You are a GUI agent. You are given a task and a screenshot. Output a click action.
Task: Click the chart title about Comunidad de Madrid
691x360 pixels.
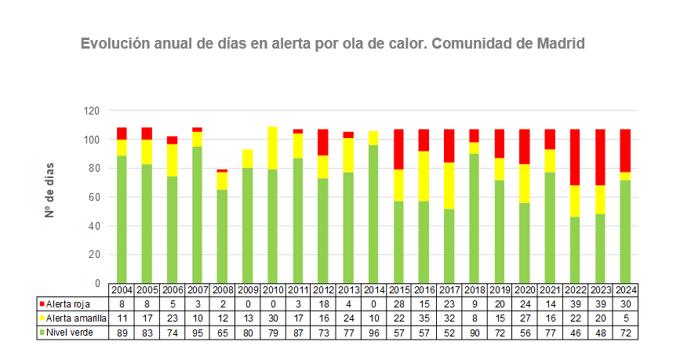(333, 43)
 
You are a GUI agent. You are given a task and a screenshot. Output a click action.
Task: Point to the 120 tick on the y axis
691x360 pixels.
(92, 111)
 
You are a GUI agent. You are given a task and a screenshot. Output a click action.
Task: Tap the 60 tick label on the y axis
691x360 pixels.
(94, 197)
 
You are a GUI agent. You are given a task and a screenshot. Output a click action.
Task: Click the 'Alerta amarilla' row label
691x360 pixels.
(75, 318)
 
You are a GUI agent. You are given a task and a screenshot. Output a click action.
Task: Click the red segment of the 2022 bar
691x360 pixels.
(575, 157)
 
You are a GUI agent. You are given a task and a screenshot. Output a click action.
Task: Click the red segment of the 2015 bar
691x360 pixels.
(398, 149)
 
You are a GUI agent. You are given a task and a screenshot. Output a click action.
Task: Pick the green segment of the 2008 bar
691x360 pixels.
(223, 235)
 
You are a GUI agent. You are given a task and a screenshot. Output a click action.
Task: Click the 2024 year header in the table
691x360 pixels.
(625, 290)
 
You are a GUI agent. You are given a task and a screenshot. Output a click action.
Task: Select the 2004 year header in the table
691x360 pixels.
(122, 290)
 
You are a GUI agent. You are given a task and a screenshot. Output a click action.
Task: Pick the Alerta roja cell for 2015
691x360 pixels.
(398, 304)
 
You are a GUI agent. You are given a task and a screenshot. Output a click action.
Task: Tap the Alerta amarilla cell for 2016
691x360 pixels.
(424, 318)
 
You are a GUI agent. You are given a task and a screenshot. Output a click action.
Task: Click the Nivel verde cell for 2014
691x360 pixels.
(373, 333)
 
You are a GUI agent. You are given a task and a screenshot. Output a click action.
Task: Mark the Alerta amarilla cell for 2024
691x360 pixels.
(625, 318)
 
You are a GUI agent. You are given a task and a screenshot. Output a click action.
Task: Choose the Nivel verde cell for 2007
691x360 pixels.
(198, 333)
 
